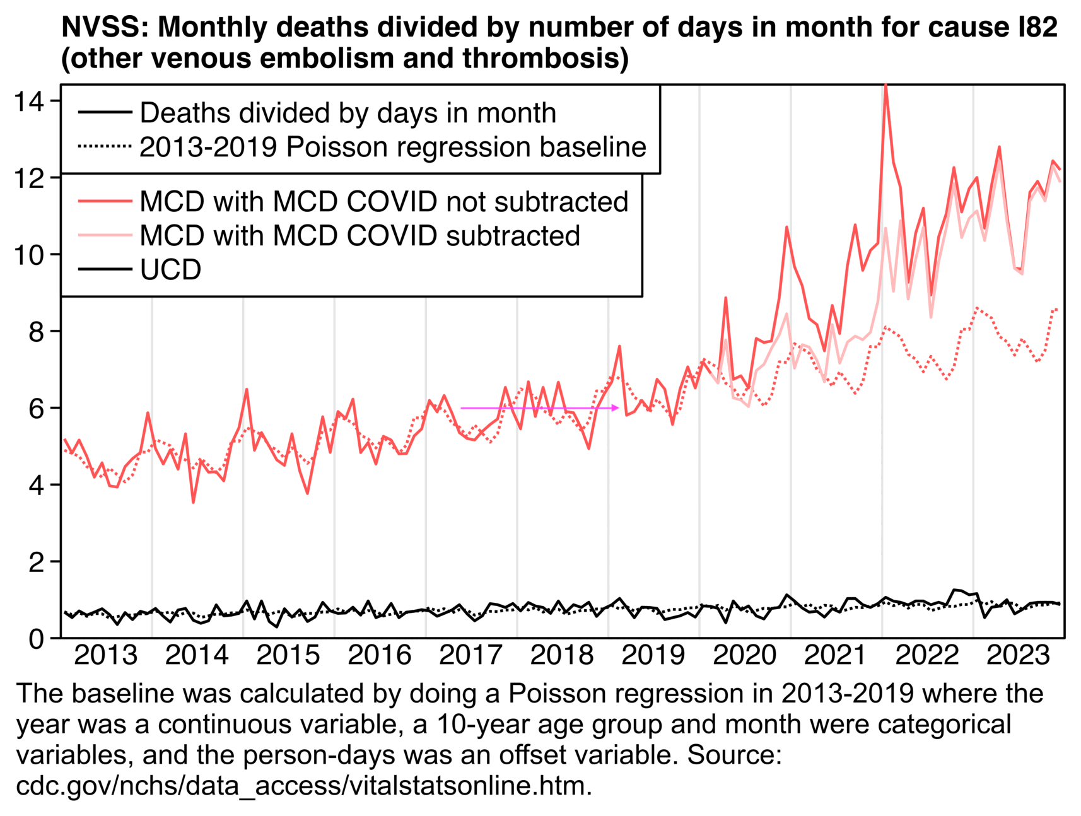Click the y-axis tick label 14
(30, 102)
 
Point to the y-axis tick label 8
(37, 332)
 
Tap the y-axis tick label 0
(37, 638)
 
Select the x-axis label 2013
(105, 656)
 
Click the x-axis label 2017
(470, 656)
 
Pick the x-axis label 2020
(744, 656)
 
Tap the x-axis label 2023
(1018, 656)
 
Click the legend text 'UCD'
(170, 270)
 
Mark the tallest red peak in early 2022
(886, 85)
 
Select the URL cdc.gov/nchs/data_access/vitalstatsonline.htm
(304, 786)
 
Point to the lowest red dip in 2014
(193, 502)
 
